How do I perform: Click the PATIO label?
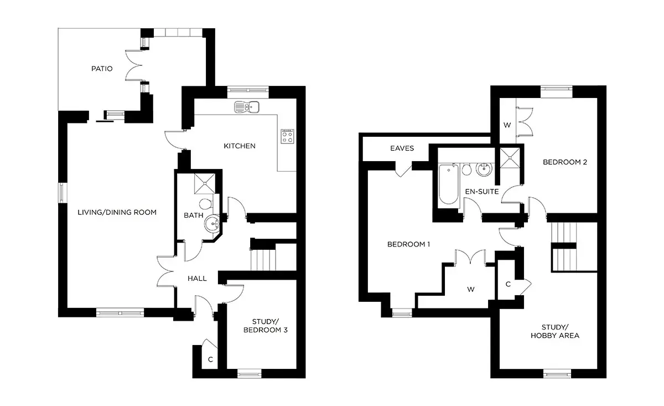click(102, 69)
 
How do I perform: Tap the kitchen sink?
click(247, 107)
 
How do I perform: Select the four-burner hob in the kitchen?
click(288, 136)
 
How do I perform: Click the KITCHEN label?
click(240, 146)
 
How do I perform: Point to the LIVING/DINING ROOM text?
click(117, 213)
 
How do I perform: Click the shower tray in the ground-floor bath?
click(205, 184)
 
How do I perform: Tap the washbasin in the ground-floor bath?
click(212, 223)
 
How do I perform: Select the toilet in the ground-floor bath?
click(206, 204)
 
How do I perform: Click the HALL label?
click(197, 279)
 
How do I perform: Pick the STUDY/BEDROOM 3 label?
click(265, 326)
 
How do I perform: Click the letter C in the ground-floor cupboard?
click(210, 359)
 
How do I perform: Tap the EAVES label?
click(402, 148)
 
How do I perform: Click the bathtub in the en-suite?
click(449, 184)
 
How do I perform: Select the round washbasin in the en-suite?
click(484, 169)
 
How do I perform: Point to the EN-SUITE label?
click(482, 192)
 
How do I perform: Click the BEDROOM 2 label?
click(565, 162)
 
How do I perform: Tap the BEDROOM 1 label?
click(409, 244)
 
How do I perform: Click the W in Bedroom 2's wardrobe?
click(507, 125)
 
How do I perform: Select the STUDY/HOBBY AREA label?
click(555, 332)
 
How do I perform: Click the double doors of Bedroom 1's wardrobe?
click(470, 256)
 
